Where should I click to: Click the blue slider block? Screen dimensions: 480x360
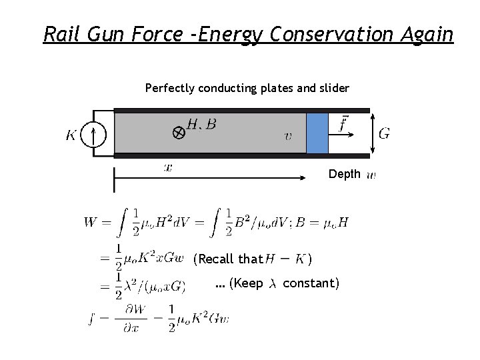click(x=317, y=133)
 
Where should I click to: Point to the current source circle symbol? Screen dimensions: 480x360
click(x=93, y=136)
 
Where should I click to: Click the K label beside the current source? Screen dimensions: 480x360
click(x=71, y=136)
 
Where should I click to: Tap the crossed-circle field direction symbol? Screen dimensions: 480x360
click(x=179, y=133)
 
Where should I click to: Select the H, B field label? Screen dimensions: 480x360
click(x=201, y=123)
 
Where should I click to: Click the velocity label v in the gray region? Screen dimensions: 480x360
click(x=287, y=137)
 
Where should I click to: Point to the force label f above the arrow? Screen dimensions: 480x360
click(x=343, y=124)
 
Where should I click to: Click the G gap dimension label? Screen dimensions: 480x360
click(x=384, y=133)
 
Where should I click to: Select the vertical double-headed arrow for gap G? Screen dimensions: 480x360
click(x=371, y=133)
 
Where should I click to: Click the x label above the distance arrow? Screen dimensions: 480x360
click(x=168, y=167)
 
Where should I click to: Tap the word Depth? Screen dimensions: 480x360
click(x=344, y=175)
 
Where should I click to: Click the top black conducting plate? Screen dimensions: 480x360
click(x=240, y=110)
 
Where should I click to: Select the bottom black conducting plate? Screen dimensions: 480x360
click(x=240, y=155)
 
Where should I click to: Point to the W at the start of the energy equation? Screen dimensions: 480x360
click(x=91, y=222)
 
